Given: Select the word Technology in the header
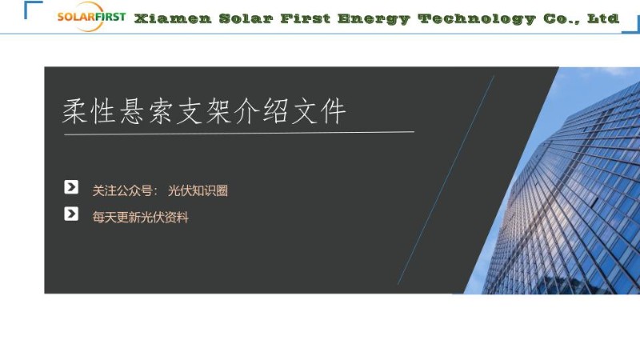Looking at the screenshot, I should (x=476, y=18).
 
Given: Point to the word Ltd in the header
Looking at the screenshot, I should (x=603, y=18).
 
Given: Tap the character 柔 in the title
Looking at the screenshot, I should (x=77, y=111).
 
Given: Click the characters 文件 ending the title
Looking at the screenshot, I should (x=319, y=111).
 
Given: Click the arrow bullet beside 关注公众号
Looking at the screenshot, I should (x=71, y=187).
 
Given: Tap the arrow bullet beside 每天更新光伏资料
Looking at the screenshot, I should (x=71, y=214).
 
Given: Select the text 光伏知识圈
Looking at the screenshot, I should (x=198, y=190).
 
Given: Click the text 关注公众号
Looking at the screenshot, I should (x=122, y=190).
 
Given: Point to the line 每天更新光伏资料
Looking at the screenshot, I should (x=140, y=217).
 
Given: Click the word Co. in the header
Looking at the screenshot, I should (x=562, y=18).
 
